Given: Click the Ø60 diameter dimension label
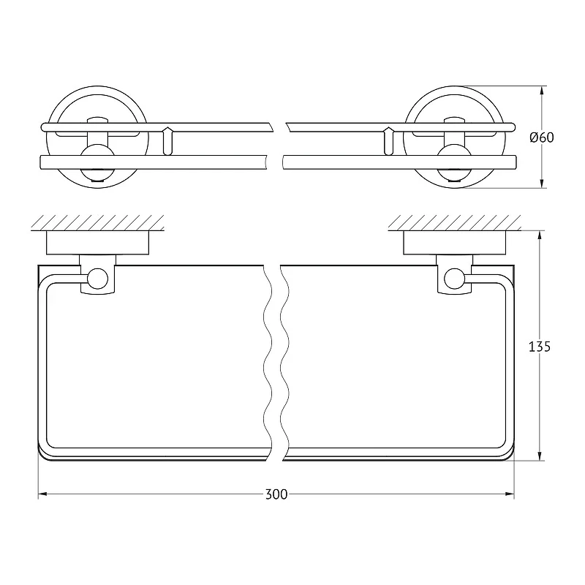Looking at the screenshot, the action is (x=542, y=137).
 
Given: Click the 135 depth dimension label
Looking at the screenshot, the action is (x=540, y=347).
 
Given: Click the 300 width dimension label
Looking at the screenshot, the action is (x=276, y=495).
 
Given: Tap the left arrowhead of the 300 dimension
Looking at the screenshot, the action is (x=42, y=494).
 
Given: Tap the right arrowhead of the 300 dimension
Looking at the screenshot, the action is (x=510, y=494).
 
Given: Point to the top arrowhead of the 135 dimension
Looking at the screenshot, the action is (x=540, y=235).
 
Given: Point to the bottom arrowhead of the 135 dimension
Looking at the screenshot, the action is (x=540, y=456).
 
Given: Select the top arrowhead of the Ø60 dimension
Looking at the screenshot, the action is (x=542, y=91).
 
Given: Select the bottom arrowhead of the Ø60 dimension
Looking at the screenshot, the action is (x=542, y=184).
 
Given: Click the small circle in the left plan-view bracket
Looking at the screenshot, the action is (x=98, y=279).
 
